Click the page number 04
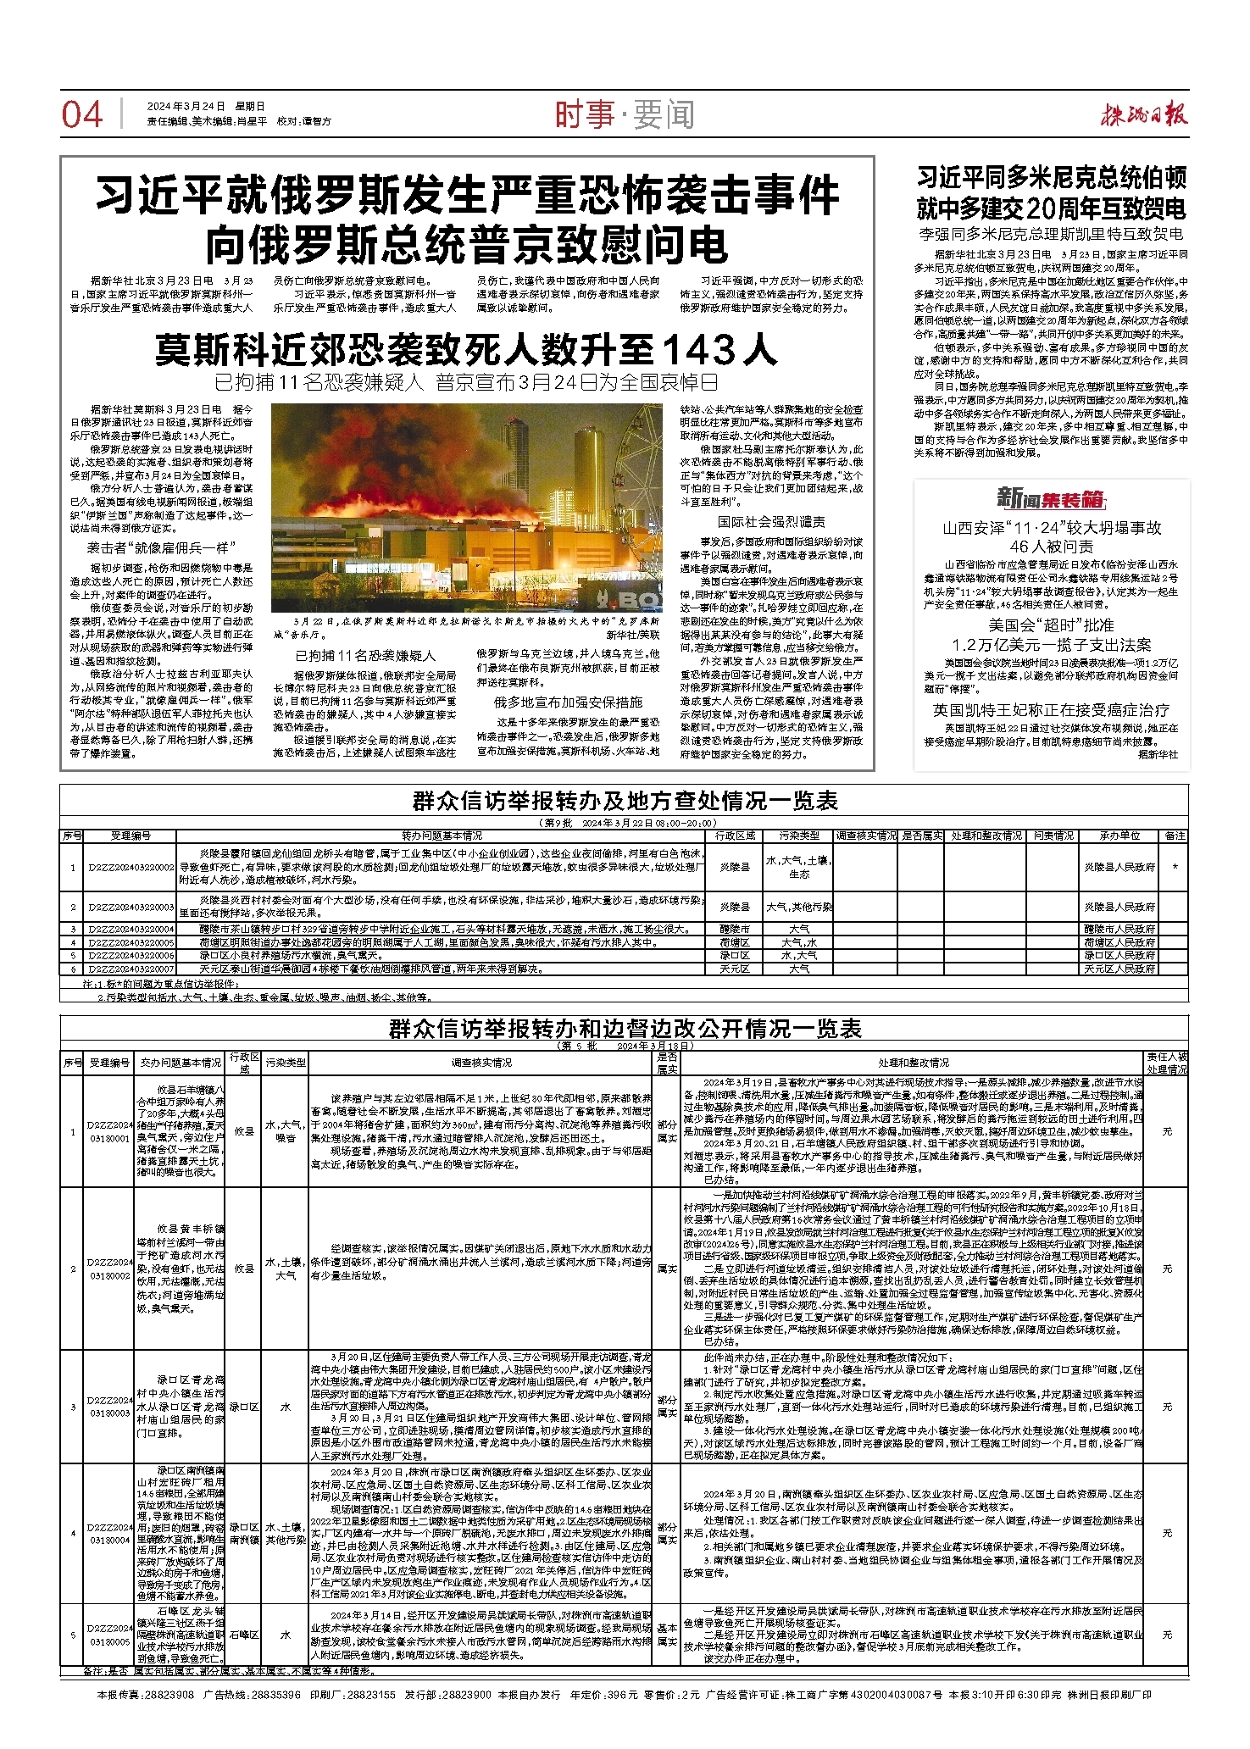[81, 115]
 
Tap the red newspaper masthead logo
[1144, 115]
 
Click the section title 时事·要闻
[625, 115]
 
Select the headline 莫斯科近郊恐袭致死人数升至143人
[465, 348]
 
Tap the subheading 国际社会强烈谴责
[771, 522]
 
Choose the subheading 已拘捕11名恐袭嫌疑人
[365, 656]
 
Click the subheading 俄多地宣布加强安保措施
[569, 702]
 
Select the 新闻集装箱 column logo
[1051, 497]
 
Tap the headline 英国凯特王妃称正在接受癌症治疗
[1051, 710]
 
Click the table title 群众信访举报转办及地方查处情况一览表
[625, 801]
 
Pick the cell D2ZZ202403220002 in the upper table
[131, 868]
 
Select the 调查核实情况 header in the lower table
[480, 1063]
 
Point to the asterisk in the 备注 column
[1175, 868]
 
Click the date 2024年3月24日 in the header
[186, 107]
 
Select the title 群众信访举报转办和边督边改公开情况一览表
[625, 1029]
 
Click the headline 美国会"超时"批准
[1051, 625]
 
